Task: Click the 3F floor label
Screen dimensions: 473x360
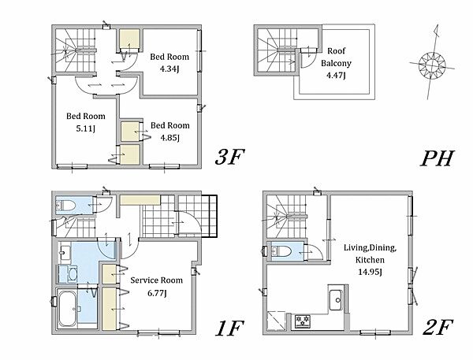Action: pyautogui.click(x=229, y=158)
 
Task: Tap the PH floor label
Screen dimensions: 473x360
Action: pyautogui.click(x=438, y=158)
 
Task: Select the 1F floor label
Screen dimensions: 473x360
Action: pyautogui.click(x=229, y=328)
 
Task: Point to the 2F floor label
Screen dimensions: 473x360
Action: pyautogui.click(x=438, y=328)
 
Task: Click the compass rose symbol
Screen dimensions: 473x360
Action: pyautogui.click(x=432, y=65)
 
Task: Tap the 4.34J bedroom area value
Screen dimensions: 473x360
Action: pyautogui.click(x=169, y=69)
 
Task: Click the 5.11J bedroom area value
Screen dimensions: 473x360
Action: pyautogui.click(x=86, y=128)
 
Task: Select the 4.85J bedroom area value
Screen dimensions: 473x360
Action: pyautogui.click(x=169, y=138)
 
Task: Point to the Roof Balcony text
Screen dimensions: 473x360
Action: pyautogui.click(x=336, y=57)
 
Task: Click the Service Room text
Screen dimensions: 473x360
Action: pyautogui.click(x=157, y=280)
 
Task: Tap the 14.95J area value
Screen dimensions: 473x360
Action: pyautogui.click(x=371, y=272)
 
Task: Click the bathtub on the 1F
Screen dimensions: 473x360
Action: pyautogui.click(x=68, y=308)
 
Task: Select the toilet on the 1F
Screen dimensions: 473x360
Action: pyautogui.click(x=65, y=206)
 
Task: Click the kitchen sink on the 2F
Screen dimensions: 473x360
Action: pyautogui.click(x=336, y=299)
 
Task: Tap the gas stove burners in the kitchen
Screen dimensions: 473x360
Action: pyautogui.click(x=303, y=321)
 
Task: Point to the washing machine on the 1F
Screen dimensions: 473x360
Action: pyautogui.click(x=68, y=274)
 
